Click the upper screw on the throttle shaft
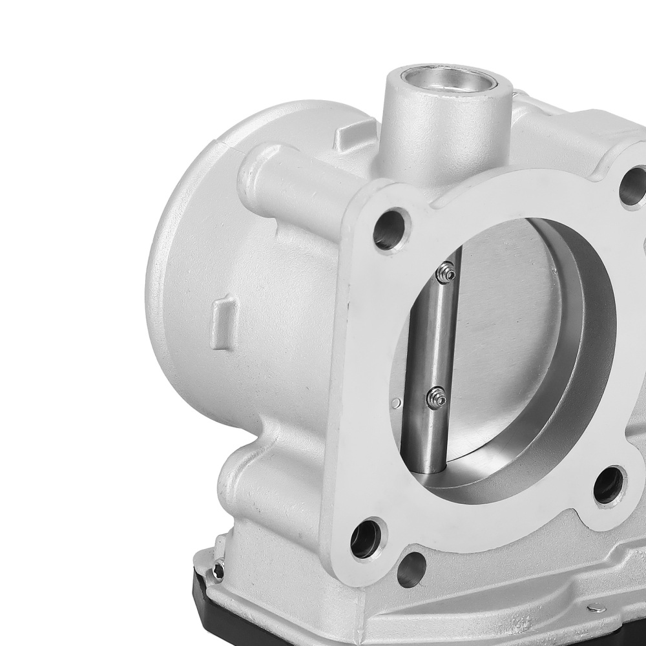445,275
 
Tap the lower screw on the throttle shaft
437,398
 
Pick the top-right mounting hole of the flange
633,188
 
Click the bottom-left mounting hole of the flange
366,538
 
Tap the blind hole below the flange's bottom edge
411,569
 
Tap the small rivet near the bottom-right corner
596,608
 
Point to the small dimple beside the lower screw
396,404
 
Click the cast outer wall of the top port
420,142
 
